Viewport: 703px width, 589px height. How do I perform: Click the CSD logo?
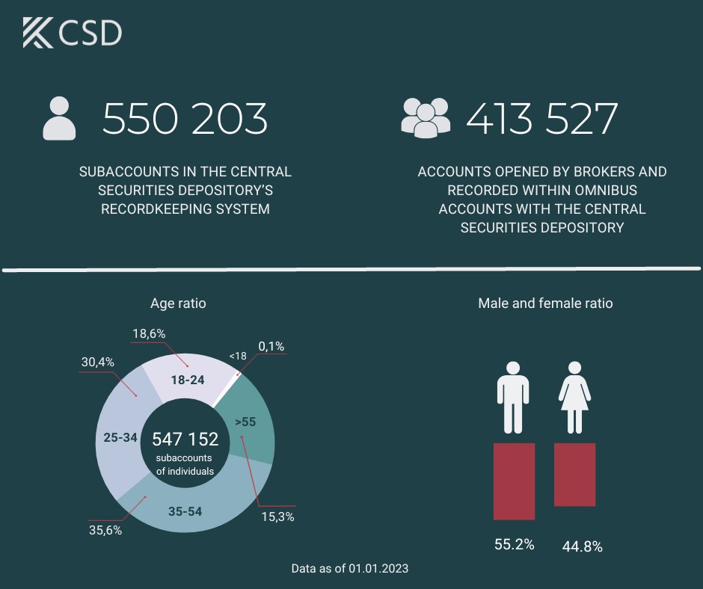(x=72, y=34)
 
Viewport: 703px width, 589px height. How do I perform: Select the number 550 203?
(x=185, y=120)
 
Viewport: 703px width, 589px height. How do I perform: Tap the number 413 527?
(x=542, y=120)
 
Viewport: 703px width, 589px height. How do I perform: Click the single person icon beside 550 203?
(x=60, y=118)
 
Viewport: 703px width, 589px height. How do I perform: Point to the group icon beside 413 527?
(x=426, y=117)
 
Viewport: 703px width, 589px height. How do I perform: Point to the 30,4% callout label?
(x=98, y=362)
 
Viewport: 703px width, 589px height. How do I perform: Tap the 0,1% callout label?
(x=271, y=346)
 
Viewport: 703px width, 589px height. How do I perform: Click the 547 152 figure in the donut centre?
(x=185, y=439)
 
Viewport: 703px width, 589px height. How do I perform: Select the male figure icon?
(x=513, y=398)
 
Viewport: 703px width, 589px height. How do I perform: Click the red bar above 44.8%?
(x=574, y=475)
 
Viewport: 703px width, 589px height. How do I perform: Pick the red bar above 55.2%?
(x=514, y=481)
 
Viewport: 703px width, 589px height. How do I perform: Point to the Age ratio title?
(x=178, y=303)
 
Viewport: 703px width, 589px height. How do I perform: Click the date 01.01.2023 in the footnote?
(x=378, y=568)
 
